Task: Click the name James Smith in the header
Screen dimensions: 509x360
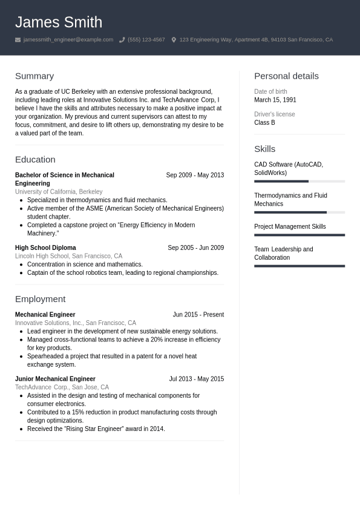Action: coord(59,22)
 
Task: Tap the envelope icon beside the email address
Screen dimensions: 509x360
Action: coord(18,40)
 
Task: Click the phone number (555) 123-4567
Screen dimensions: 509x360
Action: coord(146,40)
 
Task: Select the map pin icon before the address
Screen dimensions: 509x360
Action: coord(174,40)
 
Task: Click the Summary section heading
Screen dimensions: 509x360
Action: coord(34,76)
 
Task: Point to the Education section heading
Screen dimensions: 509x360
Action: coord(35,160)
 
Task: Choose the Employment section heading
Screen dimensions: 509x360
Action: coord(40,299)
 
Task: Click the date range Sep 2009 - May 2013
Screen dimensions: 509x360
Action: coord(195,176)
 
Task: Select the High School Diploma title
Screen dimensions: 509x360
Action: coord(45,248)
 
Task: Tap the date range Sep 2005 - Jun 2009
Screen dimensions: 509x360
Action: coord(195,248)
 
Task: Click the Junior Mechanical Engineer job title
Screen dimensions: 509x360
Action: coord(55,379)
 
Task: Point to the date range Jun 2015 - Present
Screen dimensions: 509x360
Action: coord(198,315)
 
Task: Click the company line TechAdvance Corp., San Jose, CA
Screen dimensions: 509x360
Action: coord(62,387)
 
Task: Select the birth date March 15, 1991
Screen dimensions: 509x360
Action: coord(275,100)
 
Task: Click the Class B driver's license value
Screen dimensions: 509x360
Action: coord(264,123)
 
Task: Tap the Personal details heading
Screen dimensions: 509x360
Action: coord(286,76)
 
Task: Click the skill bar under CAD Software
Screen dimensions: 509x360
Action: coord(299,181)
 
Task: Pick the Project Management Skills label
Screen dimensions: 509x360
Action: coord(290,227)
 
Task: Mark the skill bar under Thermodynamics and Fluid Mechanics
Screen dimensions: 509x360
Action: coord(299,212)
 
